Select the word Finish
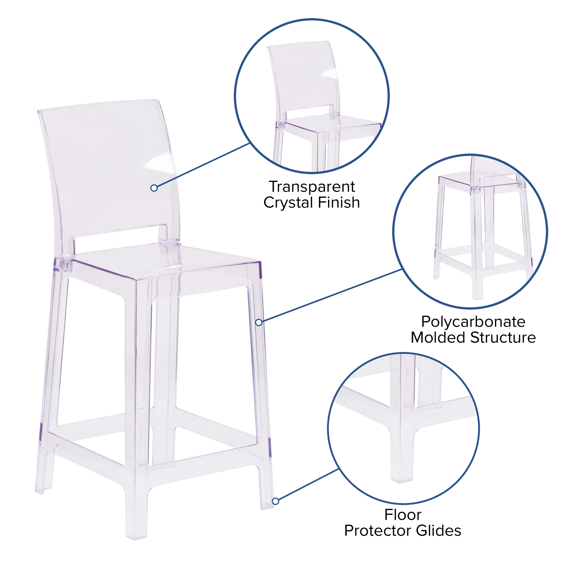339,203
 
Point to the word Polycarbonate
473,322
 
